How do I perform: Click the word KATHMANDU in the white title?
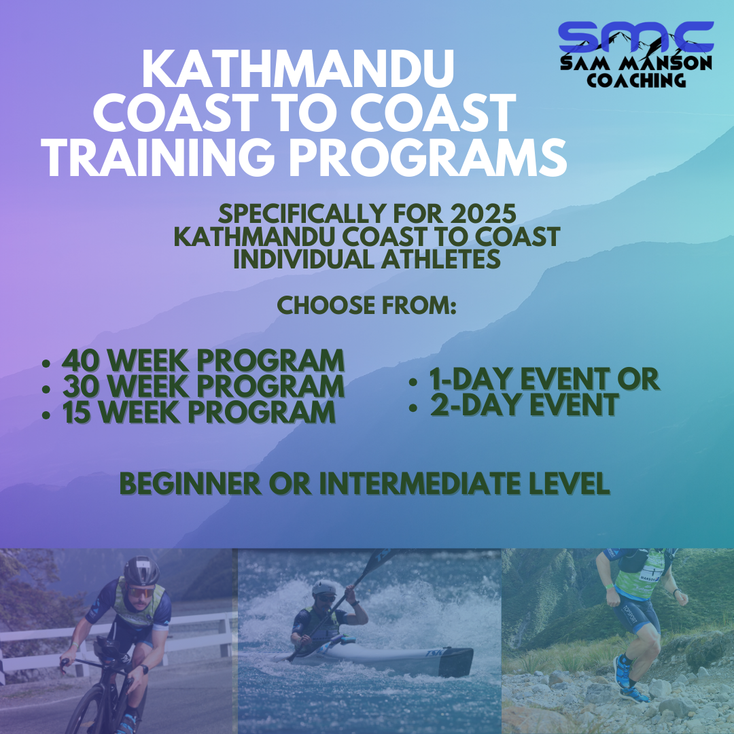pyautogui.click(x=298, y=70)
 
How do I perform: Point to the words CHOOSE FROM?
pyautogui.click(x=367, y=305)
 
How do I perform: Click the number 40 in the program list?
pyautogui.click(x=80, y=360)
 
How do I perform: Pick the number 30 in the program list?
pyautogui.click(x=80, y=386)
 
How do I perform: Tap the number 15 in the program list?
pyautogui.click(x=79, y=412)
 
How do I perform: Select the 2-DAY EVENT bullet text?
pyautogui.click(x=524, y=405)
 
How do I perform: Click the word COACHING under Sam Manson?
pyautogui.click(x=635, y=81)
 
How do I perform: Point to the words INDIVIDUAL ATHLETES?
pyautogui.click(x=367, y=260)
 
